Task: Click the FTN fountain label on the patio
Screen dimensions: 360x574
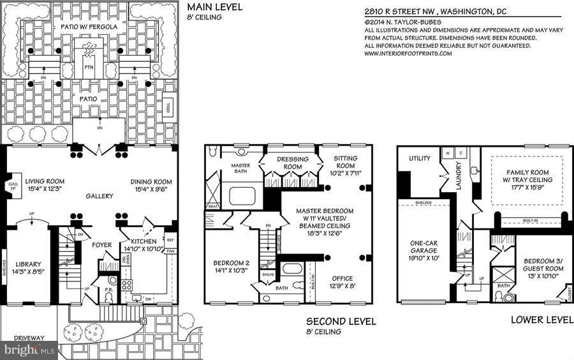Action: coord(88,66)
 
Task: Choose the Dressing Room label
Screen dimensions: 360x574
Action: coord(293,163)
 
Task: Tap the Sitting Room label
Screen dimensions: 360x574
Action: coord(346,162)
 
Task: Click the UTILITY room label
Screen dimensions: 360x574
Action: coord(420,158)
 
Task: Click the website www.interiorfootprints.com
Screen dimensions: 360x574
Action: coord(408,54)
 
